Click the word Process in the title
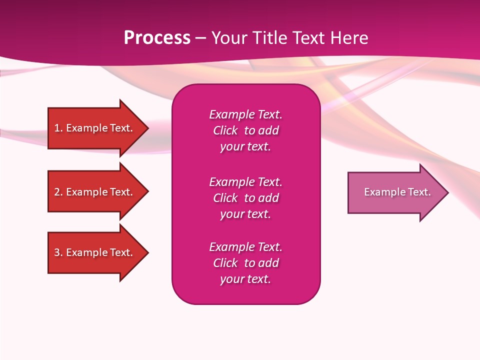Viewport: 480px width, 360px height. pos(157,38)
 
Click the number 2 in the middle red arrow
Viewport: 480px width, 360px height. pos(57,192)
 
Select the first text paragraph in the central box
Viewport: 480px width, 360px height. pos(245,130)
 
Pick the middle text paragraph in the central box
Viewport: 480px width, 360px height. pos(245,198)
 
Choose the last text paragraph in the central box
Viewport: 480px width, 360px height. pos(245,263)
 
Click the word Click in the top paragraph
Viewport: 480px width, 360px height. pos(225,130)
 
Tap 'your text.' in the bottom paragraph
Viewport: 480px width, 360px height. pos(245,279)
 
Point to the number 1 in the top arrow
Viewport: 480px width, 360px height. pos(57,128)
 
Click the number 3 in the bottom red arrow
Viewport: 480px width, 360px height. pos(57,252)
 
